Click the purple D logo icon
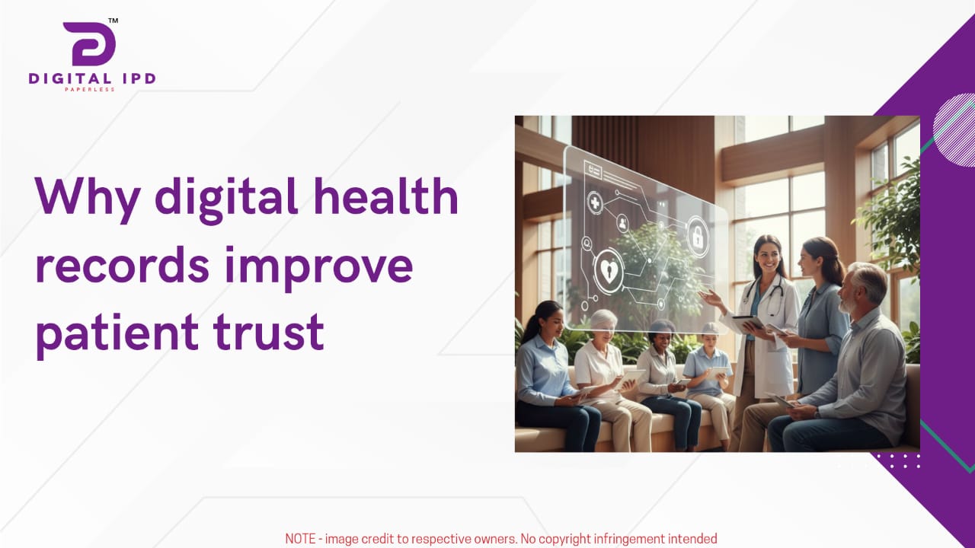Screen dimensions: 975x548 click(x=89, y=43)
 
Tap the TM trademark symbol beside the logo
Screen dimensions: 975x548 click(x=113, y=21)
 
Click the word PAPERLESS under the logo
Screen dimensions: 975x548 click(x=90, y=90)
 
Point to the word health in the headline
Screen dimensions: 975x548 click(x=385, y=196)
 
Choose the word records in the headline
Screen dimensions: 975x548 click(x=123, y=263)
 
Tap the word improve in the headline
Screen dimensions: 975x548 click(x=318, y=267)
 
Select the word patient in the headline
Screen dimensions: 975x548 click(x=117, y=333)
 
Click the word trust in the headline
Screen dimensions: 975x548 click(x=269, y=332)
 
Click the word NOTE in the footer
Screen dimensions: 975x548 click(x=300, y=539)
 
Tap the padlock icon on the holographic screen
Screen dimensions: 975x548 click(x=698, y=237)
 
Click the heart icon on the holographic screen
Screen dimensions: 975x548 click(x=608, y=271)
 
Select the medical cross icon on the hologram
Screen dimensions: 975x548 click(x=595, y=202)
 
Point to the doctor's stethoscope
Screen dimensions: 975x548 click(x=766, y=296)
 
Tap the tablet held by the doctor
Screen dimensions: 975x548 click(x=748, y=323)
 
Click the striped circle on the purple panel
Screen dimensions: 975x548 click(x=954, y=129)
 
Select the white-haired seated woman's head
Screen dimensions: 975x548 click(x=603, y=325)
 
